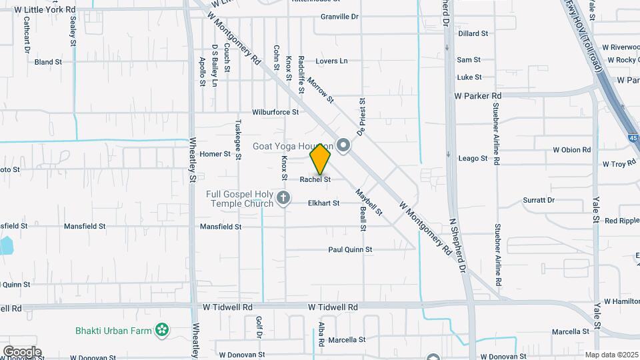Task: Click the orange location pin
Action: pyautogui.click(x=321, y=159)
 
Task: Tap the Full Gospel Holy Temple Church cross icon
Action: pyautogui.click(x=283, y=197)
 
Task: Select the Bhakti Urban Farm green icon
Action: pyautogui.click(x=161, y=329)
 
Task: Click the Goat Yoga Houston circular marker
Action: pyautogui.click(x=343, y=145)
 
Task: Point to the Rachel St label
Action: pyautogui.click(x=315, y=179)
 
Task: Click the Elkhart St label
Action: pyautogui.click(x=323, y=203)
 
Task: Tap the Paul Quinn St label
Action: pyautogui.click(x=349, y=249)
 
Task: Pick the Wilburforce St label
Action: pyautogui.click(x=275, y=112)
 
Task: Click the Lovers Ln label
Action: pyautogui.click(x=331, y=61)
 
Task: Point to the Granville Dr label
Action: pyautogui.click(x=339, y=16)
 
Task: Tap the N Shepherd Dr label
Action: pyautogui.click(x=457, y=247)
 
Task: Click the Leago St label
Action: pyautogui.click(x=473, y=159)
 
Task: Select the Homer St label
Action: pyautogui.click(x=215, y=154)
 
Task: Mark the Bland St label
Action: pyautogui.click(x=48, y=62)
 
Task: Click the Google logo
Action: pyautogui.click(x=22, y=352)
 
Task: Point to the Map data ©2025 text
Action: pyautogui.click(x=610, y=355)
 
